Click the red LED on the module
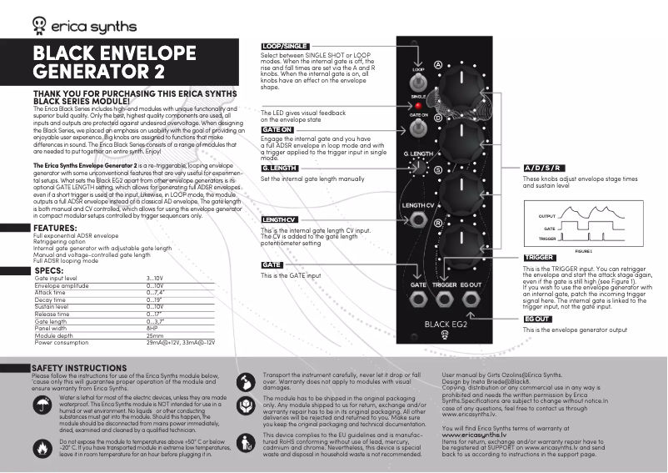tap(419, 106)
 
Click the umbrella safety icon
tap(42, 405)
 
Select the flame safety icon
tap(42, 447)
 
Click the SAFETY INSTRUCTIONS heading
tap(79, 368)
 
